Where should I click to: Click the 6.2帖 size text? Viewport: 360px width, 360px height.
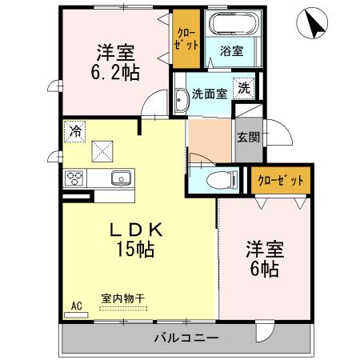coord(115,72)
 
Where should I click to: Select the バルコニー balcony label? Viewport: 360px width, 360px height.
coord(186,338)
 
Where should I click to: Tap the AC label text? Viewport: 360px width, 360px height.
coord(77,306)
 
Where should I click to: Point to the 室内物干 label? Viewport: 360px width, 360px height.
coord(123,298)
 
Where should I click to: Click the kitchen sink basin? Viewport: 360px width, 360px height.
coord(122,178)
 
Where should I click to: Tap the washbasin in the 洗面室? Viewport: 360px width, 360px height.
coord(180,99)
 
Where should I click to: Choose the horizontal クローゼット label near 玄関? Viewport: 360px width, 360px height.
coord(279,180)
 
